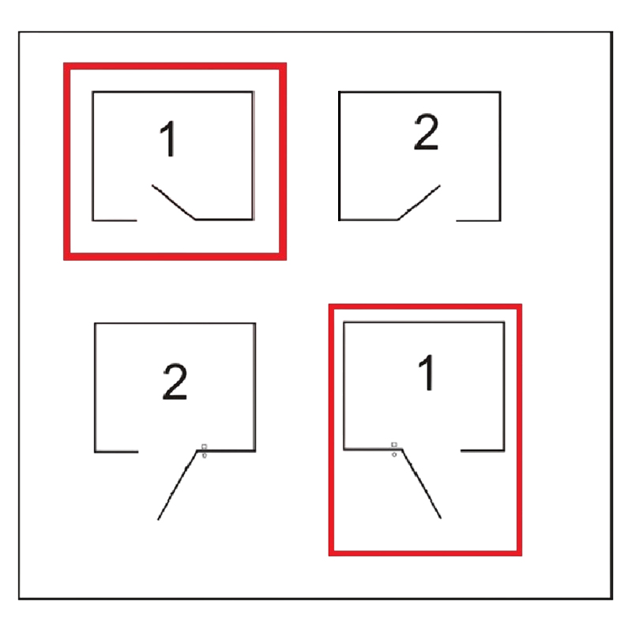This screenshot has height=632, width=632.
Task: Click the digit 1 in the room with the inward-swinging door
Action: pyautogui.click(x=168, y=139)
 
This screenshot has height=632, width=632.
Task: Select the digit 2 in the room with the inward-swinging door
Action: pyautogui.click(x=426, y=132)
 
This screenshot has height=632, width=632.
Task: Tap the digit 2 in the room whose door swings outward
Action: pyautogui.click(x=175, y=382)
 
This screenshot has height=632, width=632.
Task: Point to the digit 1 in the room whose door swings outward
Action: pyautogui.click(x=426, y=372)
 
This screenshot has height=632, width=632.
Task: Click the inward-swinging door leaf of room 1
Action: pyautogui.click(x=174, y=202)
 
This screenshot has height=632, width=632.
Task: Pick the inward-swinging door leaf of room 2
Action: pyautogui.click(x=419, y=203)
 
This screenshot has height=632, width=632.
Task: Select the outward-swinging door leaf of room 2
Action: pyautogui.click(x=177, y=485)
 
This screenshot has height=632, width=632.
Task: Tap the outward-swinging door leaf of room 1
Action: pyautogui.click(x=422, y=483)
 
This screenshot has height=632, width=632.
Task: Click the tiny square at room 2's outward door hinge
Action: pyautogui.click(x=204, y=446)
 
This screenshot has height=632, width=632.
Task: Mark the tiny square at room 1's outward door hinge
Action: pyautogui.click(x=394, y=445)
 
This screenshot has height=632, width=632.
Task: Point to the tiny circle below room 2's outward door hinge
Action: pyautogui.click(x=205, y=456)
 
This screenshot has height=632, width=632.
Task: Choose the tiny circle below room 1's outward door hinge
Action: pyautogui.click(x=394, y=455)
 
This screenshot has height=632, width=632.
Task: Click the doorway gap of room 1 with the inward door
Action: pyautogui.click(x=167, y=220)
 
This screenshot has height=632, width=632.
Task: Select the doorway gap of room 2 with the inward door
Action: pyautogui.click(x=427, y=220)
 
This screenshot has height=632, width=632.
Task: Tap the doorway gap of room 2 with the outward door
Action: pyautogui.click(x=167, y=451)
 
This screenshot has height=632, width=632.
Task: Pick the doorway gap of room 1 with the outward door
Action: pyautogui.click(x=431, y=450)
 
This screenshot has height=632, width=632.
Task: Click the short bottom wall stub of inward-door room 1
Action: pyautogui.click(x=115, y=220)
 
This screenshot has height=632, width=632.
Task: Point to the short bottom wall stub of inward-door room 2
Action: pyautogui.click(x=479, y=220)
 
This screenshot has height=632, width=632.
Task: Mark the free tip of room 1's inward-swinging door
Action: pyautogui.click(x=152, y=185)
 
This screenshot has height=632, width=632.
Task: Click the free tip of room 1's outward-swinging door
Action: pyautogui.click(x=441, y=518)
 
